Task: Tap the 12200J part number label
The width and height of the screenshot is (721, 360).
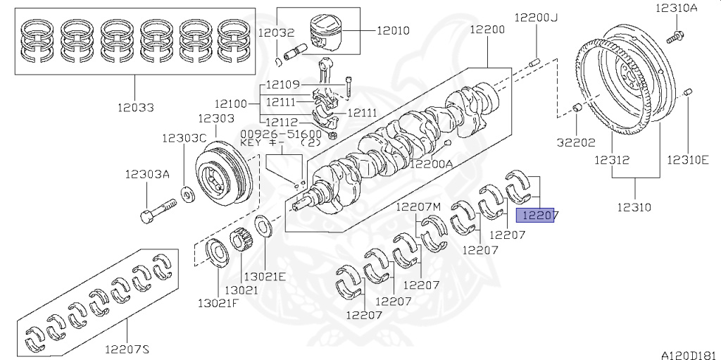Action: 534,17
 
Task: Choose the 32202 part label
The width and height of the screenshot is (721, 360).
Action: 575,140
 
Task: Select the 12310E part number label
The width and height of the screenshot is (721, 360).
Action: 687,161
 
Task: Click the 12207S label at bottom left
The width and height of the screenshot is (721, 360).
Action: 128,349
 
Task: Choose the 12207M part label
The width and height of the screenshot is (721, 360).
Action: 418,206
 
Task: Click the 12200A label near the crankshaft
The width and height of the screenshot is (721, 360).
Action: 432,164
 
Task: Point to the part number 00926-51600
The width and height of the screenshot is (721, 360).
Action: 281,134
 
